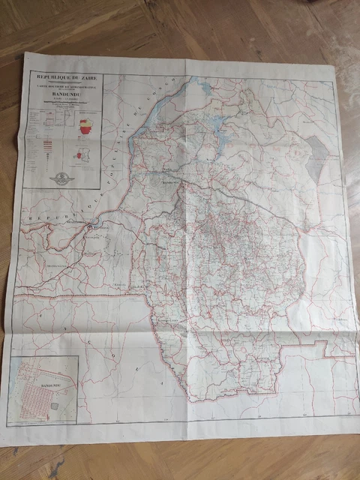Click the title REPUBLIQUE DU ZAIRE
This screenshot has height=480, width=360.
click(x=63, y=76)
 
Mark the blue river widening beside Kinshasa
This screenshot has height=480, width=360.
click(x=91, y=224)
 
